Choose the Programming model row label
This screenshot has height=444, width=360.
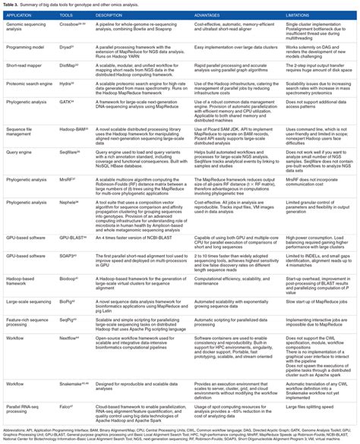click(x=27, y=46)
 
